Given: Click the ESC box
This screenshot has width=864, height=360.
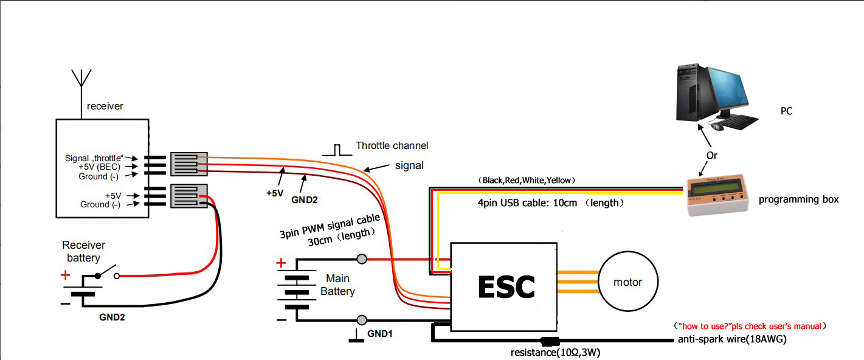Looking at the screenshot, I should coord(504,286).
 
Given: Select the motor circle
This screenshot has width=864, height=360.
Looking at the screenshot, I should coord(627,282).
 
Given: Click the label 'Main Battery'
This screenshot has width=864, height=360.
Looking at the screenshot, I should coord(337,285).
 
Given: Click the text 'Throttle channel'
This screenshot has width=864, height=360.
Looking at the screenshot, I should coord(392,145).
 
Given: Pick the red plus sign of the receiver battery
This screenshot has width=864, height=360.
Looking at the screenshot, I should coord(66,275).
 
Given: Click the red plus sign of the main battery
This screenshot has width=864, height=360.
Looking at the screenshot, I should coord(281,263).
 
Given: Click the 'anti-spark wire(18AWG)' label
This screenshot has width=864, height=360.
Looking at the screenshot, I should coord(732,339).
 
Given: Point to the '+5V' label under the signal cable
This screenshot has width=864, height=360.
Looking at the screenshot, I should coord(275,193).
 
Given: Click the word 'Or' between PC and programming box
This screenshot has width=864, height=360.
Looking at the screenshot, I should coord(711,155).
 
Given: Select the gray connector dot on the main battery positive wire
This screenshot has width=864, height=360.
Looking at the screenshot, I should coord(362,259).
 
